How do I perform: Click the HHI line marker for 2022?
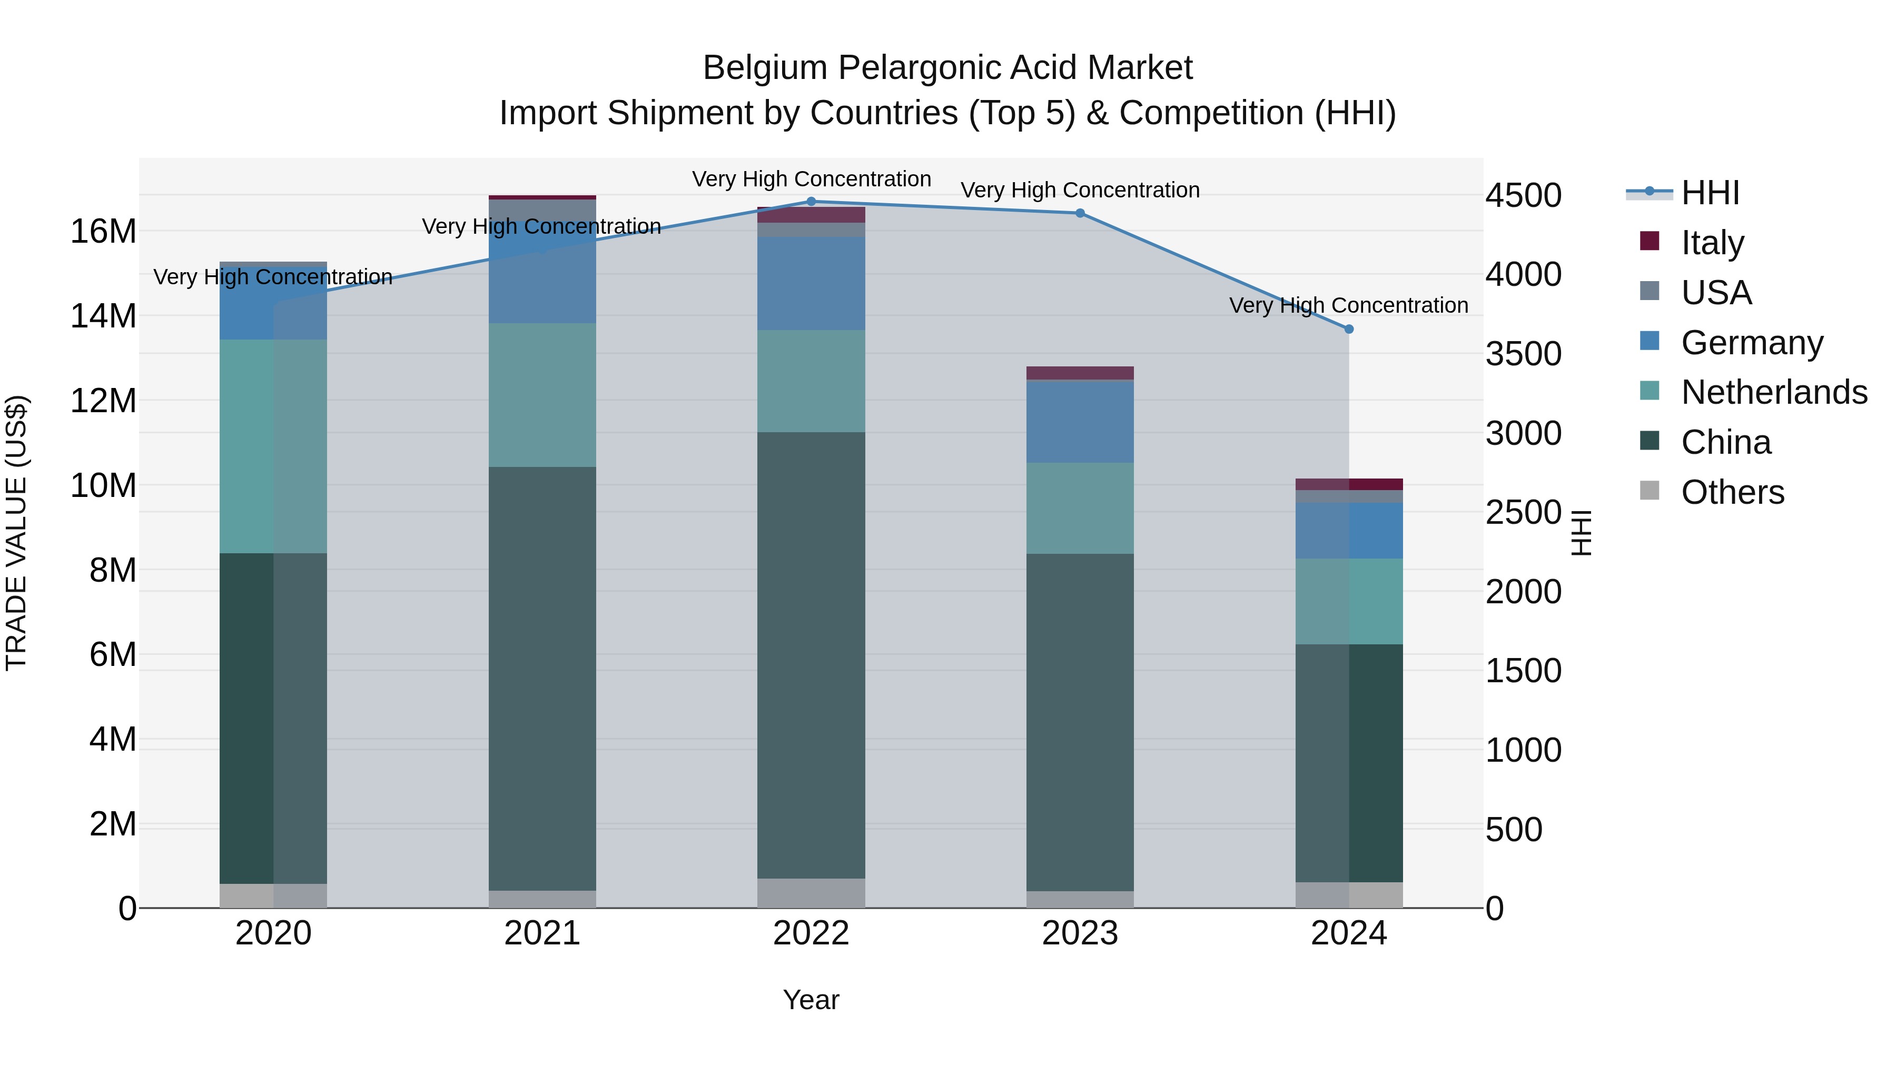tap(811, 201)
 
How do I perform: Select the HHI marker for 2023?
tap(1080, 213)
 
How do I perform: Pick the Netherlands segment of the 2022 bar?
tap(811, 381)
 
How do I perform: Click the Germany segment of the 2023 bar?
tap(1080, 422)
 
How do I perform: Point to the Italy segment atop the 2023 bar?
tap(1080, 372)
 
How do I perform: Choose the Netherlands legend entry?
tap(1774, 392)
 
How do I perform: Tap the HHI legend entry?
tap(1710, 193)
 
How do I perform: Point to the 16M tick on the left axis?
tap(103, 231)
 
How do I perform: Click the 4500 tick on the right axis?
tap(1523, 196)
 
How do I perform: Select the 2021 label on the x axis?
tap(542, 933)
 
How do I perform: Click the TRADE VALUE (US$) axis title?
tap(16, 533)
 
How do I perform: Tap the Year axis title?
tap(811, 1000)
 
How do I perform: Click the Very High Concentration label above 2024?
tap(1348, 305)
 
